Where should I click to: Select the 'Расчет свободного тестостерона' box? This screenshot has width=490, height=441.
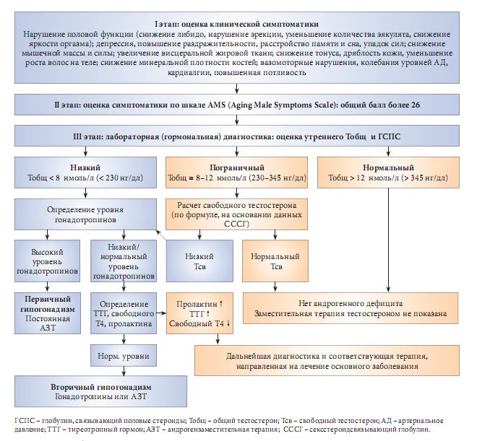[x=236, y=214]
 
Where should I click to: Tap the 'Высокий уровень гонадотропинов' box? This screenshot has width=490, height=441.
[x=45, y=261]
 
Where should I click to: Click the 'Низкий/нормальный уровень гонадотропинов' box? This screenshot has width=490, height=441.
[x=124, y=261]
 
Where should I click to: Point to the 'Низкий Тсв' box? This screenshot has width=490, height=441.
[x=200, y=261]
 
